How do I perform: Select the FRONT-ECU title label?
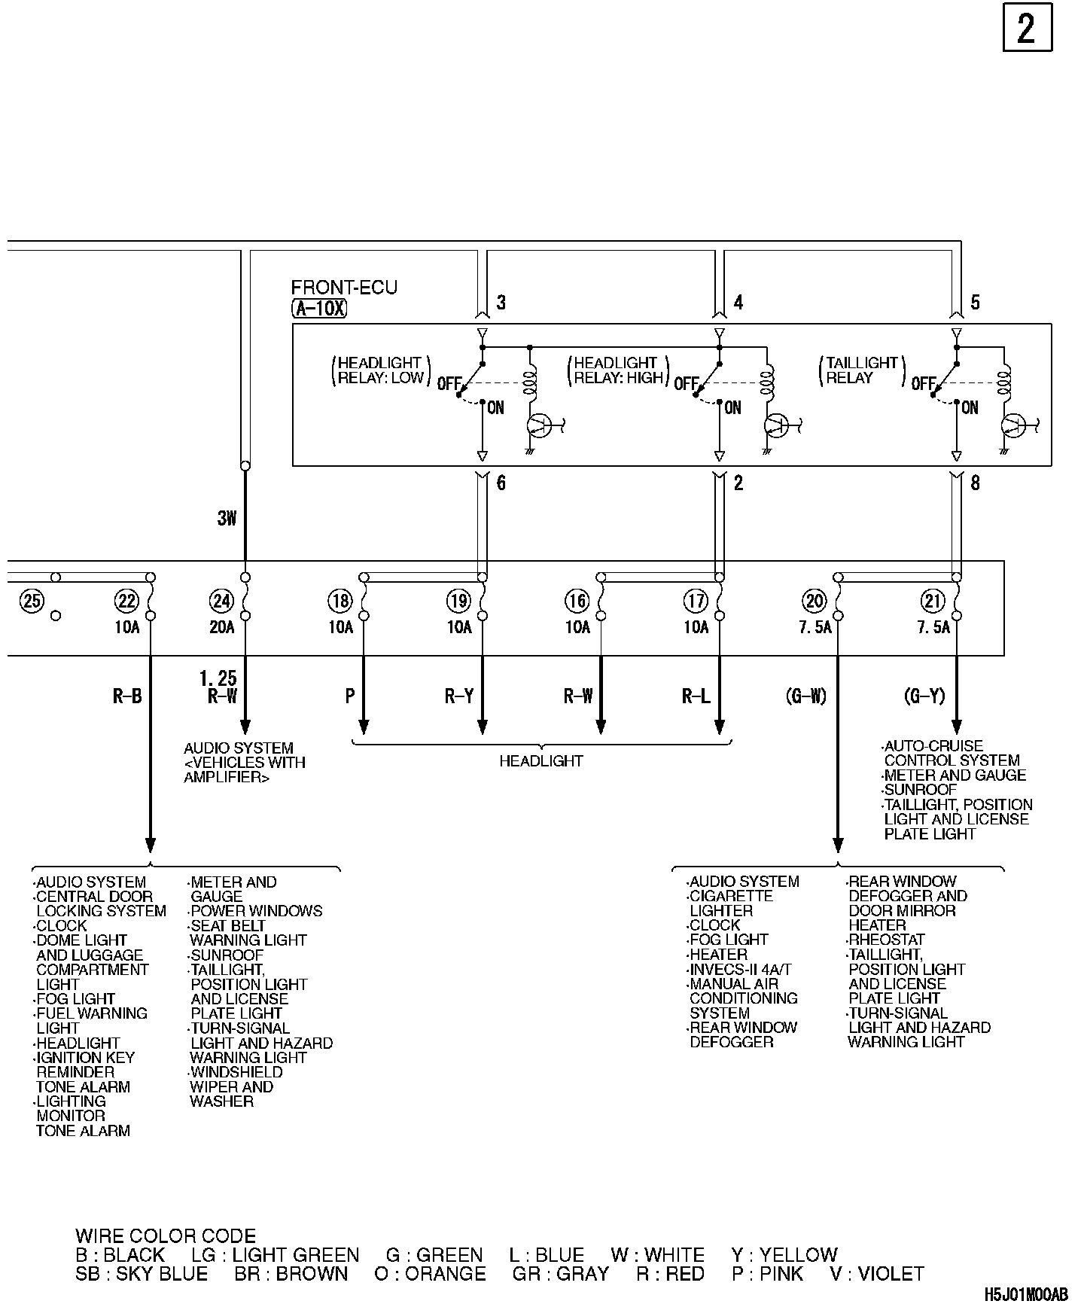[344, 288]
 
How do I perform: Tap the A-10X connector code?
[319, 308]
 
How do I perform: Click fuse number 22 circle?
[126, 601]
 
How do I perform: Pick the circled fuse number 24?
[221, 601]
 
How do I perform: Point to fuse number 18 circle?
[340, 601]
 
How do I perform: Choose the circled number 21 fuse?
[933, 601]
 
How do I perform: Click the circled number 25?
[32, 601]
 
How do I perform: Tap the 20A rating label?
[222, 627]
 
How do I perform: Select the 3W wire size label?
[227, 518]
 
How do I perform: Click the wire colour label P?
[350, 696]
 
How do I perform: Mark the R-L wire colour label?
[696, 696]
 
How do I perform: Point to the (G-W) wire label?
[806, 696]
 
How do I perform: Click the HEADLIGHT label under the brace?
[541, 761]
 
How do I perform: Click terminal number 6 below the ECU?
[501, 483]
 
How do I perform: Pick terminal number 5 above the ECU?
[975, 303]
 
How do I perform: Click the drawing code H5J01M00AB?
[1025, 1293]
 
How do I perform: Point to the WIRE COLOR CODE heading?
[166, 1236]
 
